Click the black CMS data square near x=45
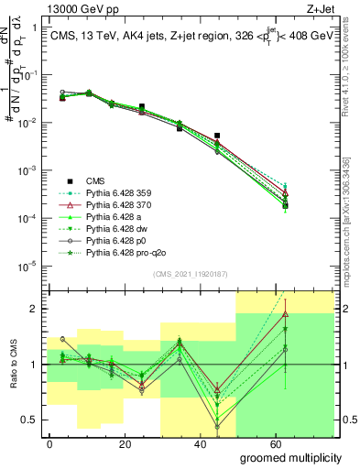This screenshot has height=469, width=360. coord(217,136)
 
